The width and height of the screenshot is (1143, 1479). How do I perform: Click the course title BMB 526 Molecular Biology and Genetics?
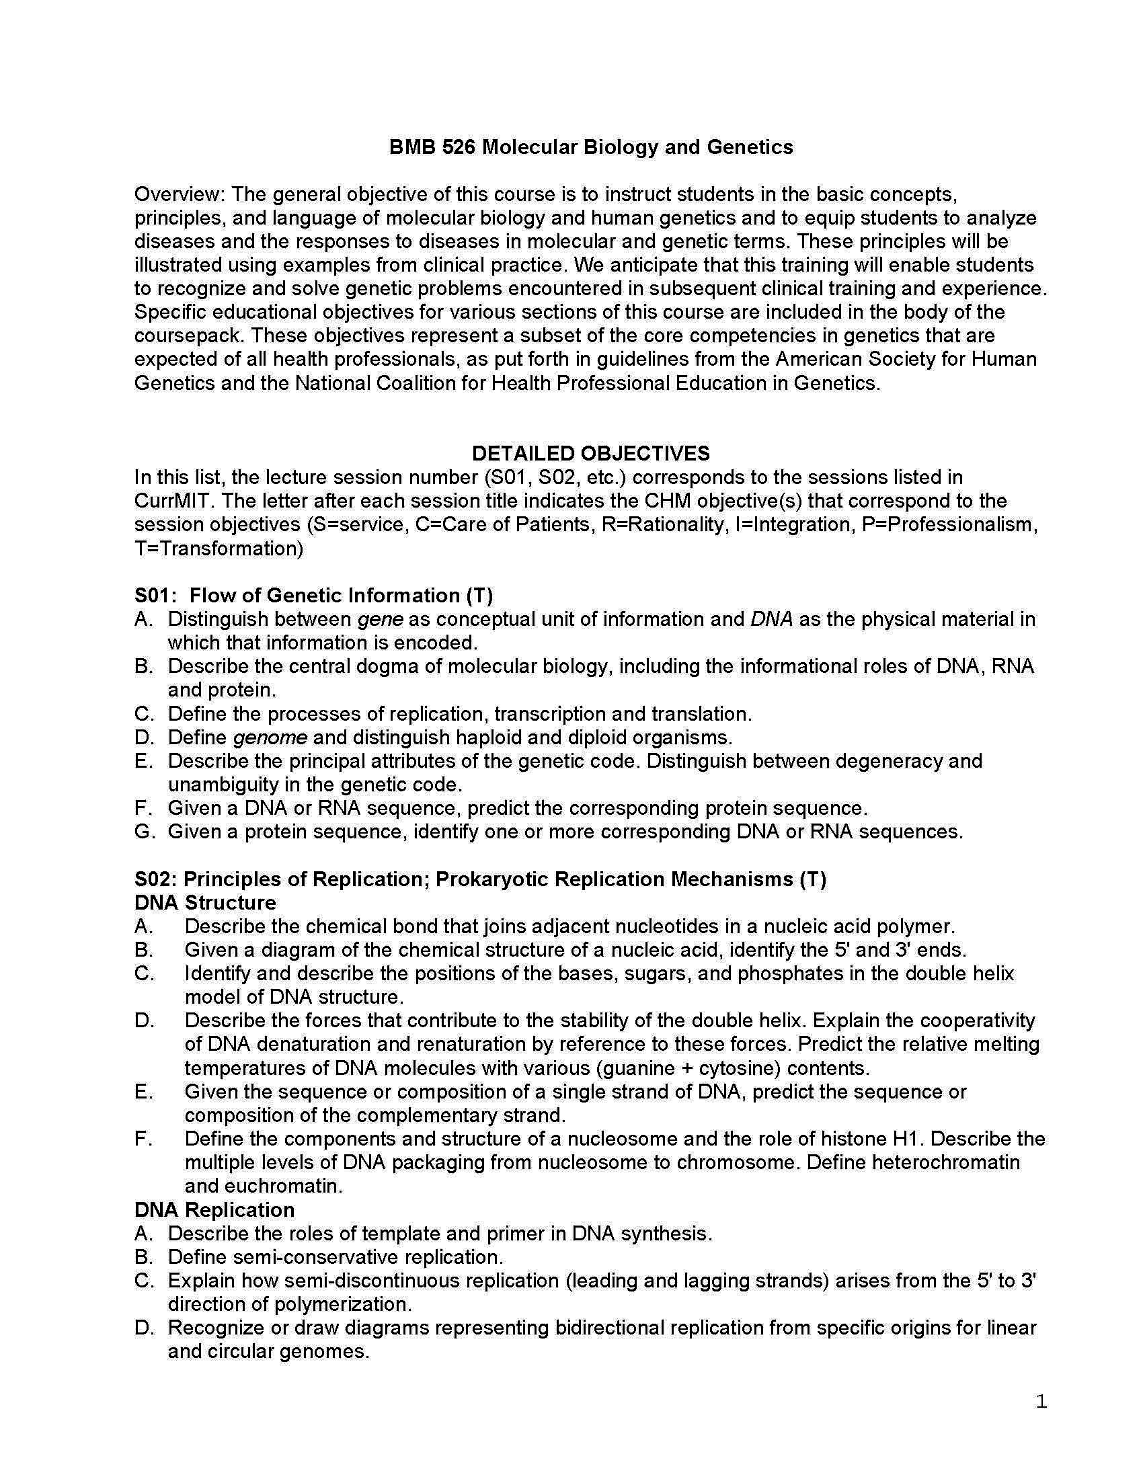590,147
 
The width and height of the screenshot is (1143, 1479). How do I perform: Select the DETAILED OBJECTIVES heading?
590,453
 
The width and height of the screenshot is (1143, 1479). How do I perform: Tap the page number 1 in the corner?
1041,1402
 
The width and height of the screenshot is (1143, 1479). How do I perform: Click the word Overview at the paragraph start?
179,194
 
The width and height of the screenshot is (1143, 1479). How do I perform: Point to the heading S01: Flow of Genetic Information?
313,595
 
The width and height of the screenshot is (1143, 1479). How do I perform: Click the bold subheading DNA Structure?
205,903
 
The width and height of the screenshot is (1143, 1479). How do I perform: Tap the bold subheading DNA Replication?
214,1210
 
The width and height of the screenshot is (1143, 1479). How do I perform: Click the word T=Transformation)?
219,549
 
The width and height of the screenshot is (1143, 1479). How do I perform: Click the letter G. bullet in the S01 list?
145,832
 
